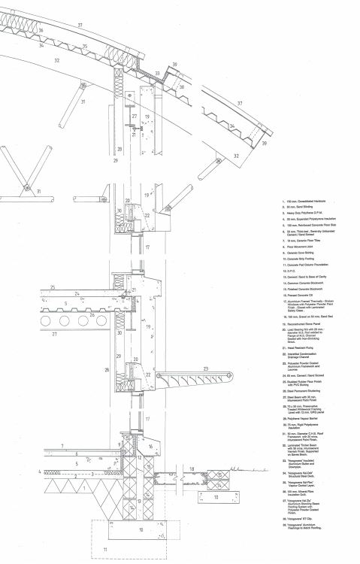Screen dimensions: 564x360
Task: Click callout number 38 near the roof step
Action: tap(174, 65)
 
